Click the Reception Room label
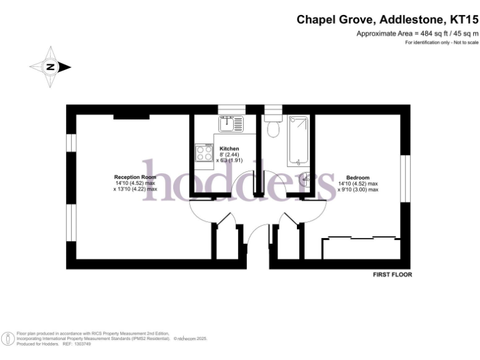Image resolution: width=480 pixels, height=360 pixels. click(x=134, y=177)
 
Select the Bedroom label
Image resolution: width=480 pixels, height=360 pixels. click(x=358, y=177)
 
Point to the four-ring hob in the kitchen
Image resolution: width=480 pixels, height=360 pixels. click(x=204, y=153)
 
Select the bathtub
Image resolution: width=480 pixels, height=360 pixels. click(x=297, y=140)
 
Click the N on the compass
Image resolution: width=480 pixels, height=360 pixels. click(x=51, y=67)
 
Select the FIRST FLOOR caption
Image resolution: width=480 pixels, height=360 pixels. click(x=392, y=274)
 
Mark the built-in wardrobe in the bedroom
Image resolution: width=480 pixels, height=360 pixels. click(x=360, y=247)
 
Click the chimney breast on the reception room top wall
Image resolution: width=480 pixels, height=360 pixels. click(x=131, y=116)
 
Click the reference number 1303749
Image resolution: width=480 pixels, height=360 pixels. click(x=82, y=344)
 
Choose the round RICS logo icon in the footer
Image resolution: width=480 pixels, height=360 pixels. click(x=8, y=338)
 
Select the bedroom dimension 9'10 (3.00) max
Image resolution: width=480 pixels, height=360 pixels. click(x=359, y=189)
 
